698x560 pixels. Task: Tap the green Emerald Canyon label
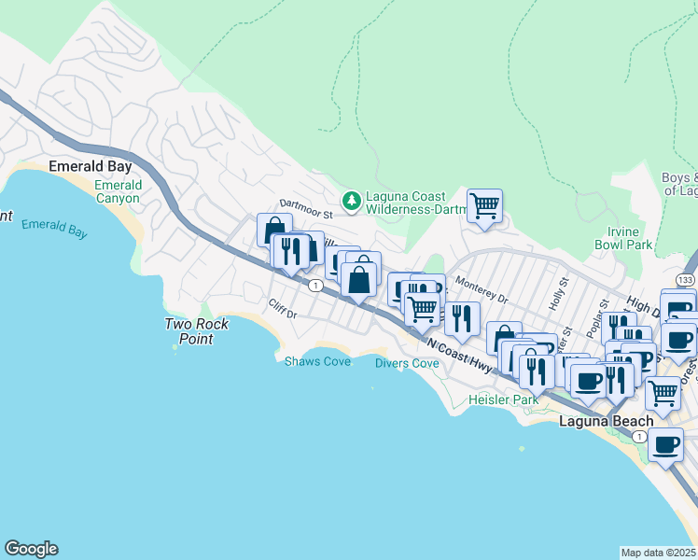[x=118, y=192]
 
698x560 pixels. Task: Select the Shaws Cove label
[x=317, y=361]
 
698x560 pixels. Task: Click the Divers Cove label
[x=407, y=363]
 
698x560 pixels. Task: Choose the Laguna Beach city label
[x=605, y=421]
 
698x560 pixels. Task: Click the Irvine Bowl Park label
[x=624, y=237]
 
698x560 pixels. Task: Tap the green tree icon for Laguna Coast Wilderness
[x=352, y=200]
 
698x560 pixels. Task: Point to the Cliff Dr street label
[x=281, y=308]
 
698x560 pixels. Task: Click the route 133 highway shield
[x=686, y=280]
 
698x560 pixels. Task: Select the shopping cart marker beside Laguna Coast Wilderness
[x=484, y=206]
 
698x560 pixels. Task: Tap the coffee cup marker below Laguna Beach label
[x=665, y=446]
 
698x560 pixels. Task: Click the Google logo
[x=31, y=549]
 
